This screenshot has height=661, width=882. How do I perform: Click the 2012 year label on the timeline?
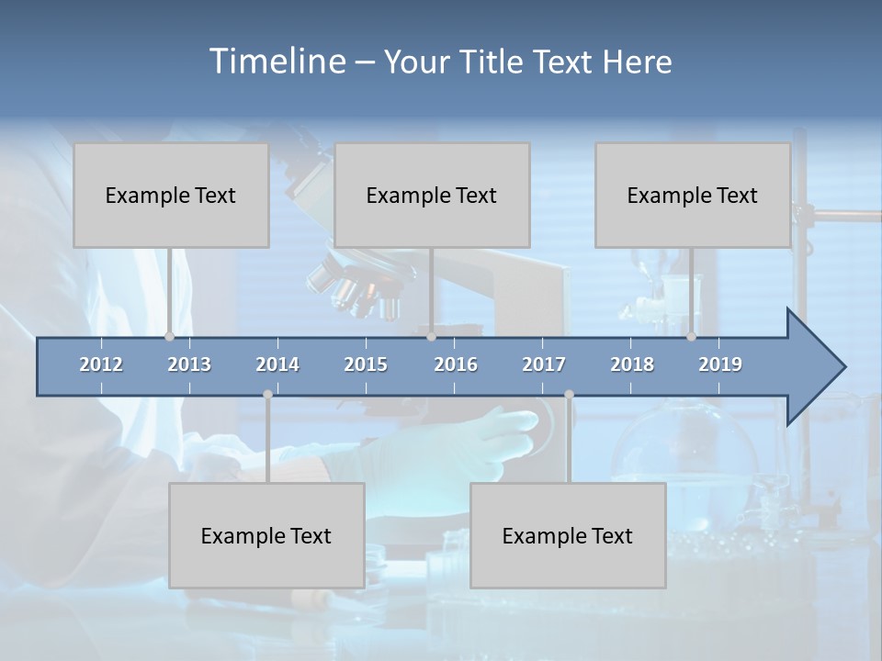pos(101,364)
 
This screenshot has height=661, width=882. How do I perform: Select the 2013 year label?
pos(189,364)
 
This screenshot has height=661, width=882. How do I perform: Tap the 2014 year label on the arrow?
pos(277,364)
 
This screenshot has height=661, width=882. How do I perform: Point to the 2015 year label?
pos(366,364)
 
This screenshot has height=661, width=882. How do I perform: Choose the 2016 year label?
pos(456,364)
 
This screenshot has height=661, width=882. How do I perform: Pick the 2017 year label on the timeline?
pos(544,364)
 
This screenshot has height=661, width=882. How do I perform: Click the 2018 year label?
pos(632,364)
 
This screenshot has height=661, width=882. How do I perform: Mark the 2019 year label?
pos(720,364)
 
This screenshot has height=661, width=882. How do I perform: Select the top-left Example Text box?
pos(171,195)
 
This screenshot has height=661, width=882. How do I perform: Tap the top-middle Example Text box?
pos(432,195)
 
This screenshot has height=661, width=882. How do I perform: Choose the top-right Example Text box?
pos(693,195)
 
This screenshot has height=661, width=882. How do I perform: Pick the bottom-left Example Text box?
pos(266,535)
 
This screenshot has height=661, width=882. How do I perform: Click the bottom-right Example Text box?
pos(568,535)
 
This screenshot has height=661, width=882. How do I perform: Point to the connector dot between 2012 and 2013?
pos(169,336)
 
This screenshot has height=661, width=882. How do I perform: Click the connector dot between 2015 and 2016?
pos(431,336)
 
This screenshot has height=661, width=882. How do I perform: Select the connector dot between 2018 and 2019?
pos(691,336)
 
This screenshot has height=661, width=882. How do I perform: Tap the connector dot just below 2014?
pos(267,394)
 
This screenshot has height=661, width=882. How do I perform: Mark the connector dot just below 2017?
pos(569,394)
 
